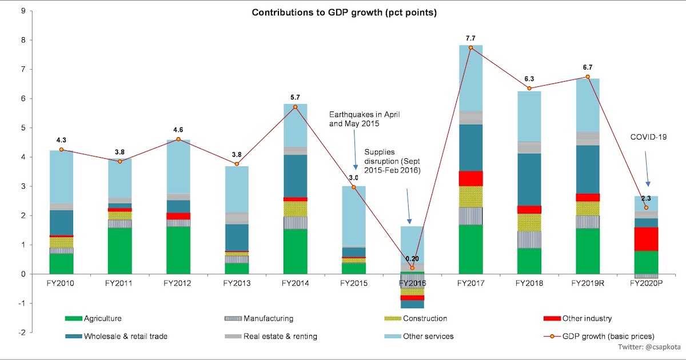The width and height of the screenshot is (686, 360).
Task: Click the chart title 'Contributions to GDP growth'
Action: point(345,12)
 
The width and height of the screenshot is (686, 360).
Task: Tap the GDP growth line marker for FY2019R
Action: point(587,77)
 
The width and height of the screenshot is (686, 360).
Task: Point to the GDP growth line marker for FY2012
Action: point(178,139)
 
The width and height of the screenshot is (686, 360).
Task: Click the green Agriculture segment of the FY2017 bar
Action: point(470,249)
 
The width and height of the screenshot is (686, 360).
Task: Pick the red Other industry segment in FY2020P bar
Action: point(645,239)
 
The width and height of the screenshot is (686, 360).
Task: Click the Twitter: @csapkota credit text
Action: point(648,346)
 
